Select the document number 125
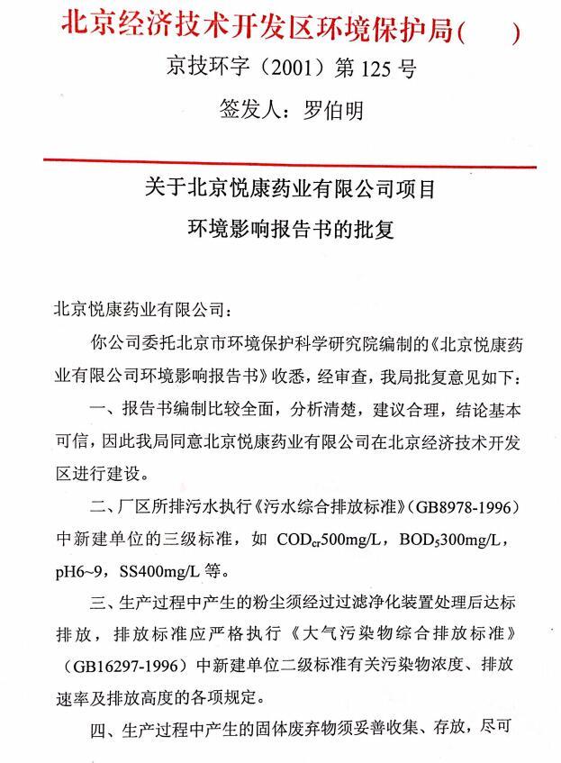pos(381,68)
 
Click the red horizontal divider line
pos(288,163)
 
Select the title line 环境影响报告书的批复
pos(290,229)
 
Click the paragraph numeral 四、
pos(104,728)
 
